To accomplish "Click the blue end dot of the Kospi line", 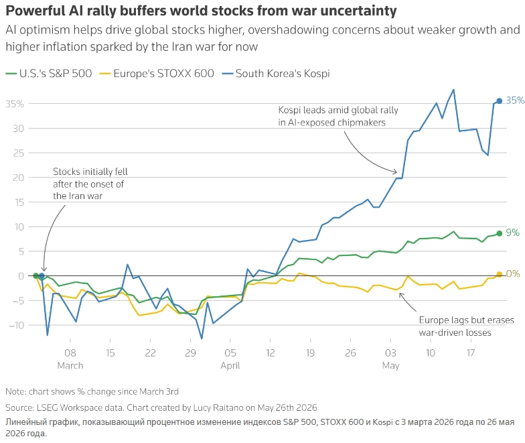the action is (x=500, y=101).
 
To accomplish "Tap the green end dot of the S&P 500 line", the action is (x=500, y=233).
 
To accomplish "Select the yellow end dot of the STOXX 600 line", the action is (x=500, y=275).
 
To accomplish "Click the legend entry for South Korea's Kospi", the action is (x=276, y=74).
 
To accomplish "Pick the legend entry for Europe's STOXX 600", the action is (x=157, y=74).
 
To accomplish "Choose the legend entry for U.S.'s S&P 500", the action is (x=49, y=74).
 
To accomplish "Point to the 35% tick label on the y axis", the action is (x=15, y=104).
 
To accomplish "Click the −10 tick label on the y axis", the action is (x=15, y=325).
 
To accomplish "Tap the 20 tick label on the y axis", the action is (x=19, y=178).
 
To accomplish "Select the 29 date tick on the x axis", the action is (x=190, y=353).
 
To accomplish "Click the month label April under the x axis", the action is (x=230, y=366).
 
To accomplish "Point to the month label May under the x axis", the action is (x=391, y=366).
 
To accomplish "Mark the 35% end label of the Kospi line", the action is (x=515, y=101).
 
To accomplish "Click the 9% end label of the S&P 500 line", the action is (x=513, y=233).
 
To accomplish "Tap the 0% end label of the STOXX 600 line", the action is (x=513, y=273).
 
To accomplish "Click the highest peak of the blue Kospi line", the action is (x=453, y=90).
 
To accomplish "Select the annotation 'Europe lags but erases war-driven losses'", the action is (x=466, y=326).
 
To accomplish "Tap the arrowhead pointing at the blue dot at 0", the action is (x=44, y=269).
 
